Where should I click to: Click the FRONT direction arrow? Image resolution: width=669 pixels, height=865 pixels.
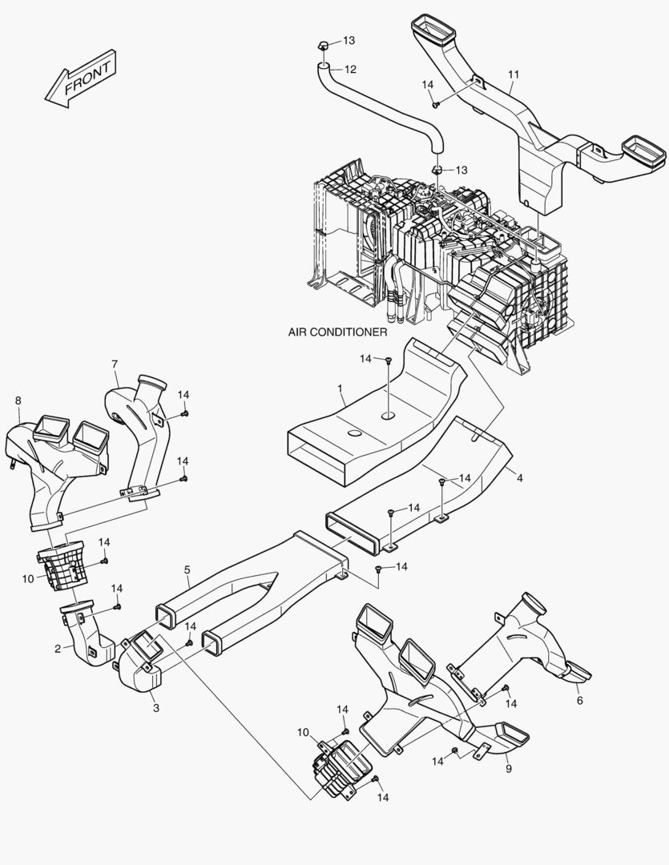pos(81,78)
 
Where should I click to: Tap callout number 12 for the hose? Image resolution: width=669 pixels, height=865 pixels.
pos(350,69)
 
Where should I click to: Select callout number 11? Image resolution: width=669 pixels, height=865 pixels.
pos(514,74)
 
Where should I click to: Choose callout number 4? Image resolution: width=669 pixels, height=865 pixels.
pos(519,479)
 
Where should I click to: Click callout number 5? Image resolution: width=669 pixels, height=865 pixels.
pos(187,569)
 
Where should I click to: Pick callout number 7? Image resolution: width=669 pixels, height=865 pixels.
pos(115,364)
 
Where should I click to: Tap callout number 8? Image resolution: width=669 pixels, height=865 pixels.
pos(18,400)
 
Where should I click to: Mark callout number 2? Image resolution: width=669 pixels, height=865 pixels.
pos(58,648)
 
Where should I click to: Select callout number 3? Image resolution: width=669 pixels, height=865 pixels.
pos(155,707)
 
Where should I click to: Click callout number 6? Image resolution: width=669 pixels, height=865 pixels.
pos(579,700)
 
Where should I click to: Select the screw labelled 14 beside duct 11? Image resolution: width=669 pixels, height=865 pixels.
pos(436,103)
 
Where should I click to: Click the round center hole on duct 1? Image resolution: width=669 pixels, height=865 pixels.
pos(389,416)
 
